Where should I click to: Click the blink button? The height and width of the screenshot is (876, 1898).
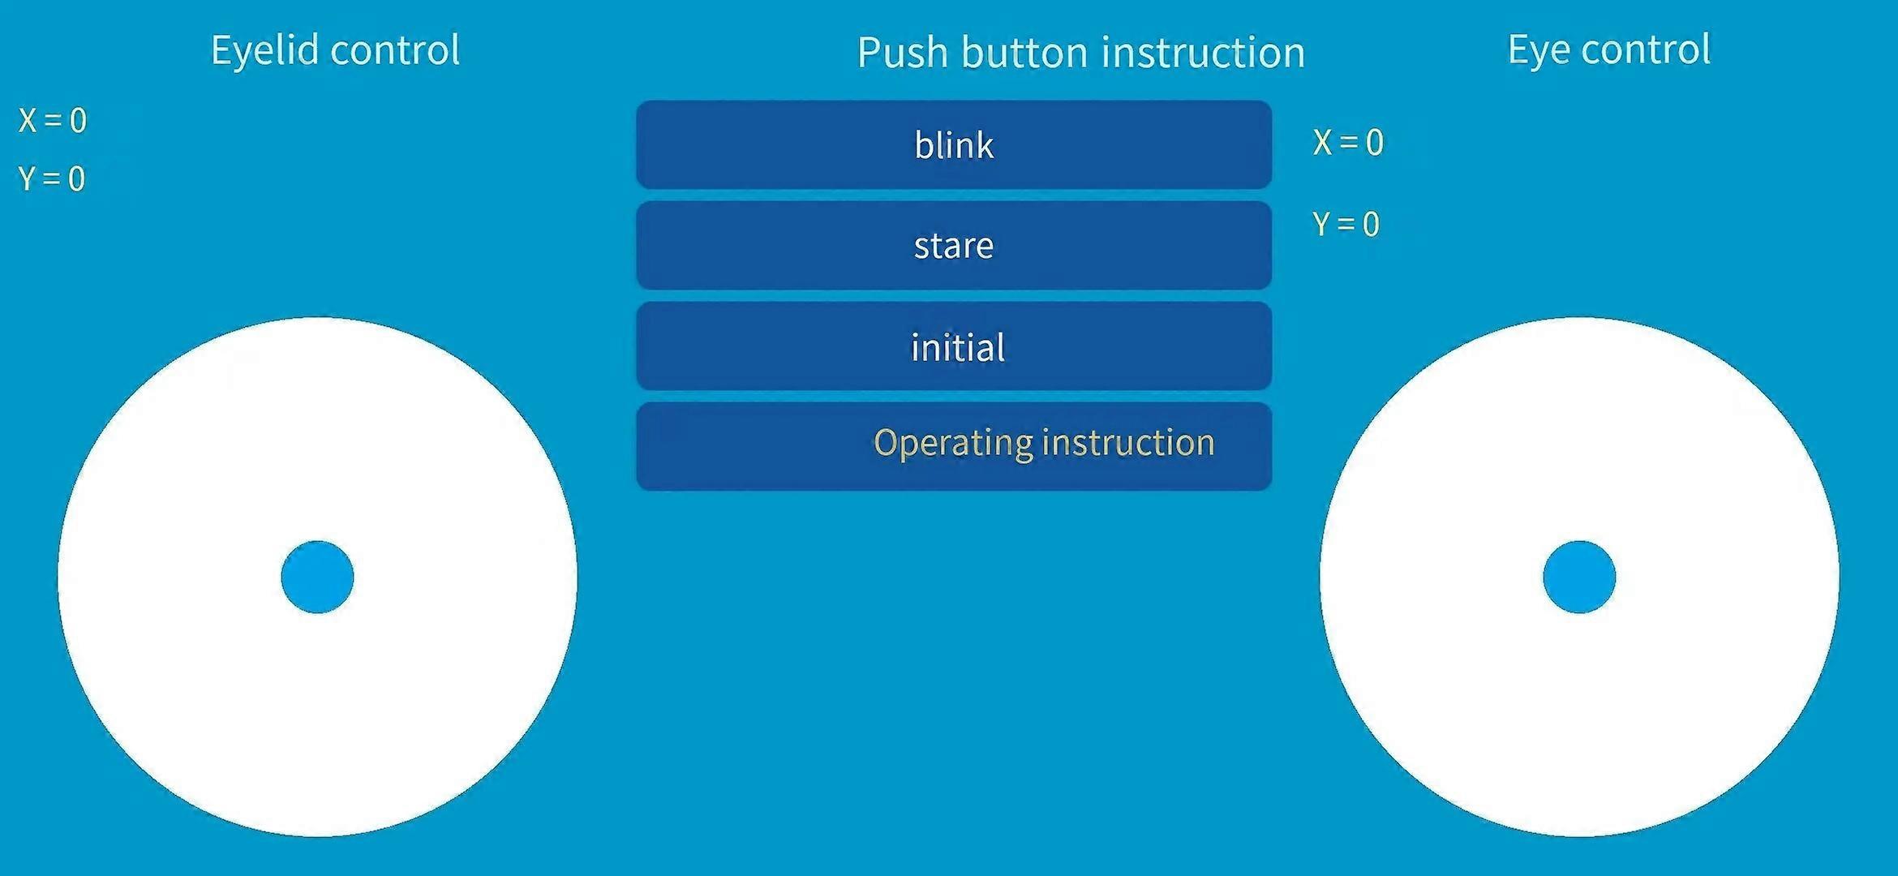click(x=954, y=145)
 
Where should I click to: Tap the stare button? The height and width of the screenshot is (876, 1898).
click(x=954, y=245)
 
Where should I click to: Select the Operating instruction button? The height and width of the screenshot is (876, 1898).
click(x=954, y=446)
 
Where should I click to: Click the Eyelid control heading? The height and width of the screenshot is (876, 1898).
click(x=335, y=51)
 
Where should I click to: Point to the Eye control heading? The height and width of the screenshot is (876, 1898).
click(x=1609, y=50)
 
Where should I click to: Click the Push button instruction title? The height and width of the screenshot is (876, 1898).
click(x=1081, y=54)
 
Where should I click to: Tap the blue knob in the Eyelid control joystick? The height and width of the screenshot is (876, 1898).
click(x=317, y=577)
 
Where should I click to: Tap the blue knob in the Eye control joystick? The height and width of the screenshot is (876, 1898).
click(x=1579, y=577)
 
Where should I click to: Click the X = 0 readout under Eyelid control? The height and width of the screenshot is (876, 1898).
click(x=53, y=121)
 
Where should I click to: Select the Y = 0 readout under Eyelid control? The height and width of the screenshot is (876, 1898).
click(x=52, y=178)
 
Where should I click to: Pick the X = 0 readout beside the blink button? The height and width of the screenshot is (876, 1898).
click(x=1348, y=143)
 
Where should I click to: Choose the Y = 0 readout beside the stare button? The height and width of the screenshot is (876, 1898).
click(x=1346, y=224)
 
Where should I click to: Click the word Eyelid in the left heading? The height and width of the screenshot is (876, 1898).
click(x=264, y=51)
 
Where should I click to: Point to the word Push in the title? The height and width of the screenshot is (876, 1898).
click(x=903, y=54)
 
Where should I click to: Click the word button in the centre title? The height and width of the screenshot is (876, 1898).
click(x=1024, y=54)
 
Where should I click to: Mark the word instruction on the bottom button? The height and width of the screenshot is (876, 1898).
click(x=1128, y=443)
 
